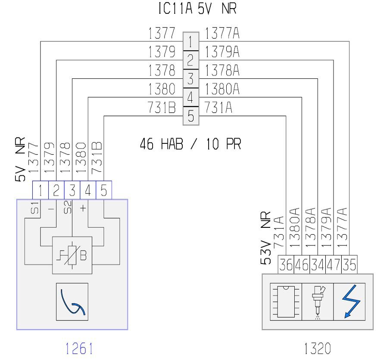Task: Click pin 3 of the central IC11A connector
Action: point(191,78)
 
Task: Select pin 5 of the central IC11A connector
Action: point(191,116)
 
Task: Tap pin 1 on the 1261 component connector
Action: point(41,190)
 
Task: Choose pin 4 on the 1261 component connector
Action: point(88,190)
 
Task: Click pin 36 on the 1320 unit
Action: point(286,264)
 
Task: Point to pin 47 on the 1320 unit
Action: point(333,264)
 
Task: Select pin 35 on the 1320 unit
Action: point(349,264)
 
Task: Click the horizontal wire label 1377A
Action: point(222,33)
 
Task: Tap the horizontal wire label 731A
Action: point(218,108)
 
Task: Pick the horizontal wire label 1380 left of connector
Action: point(162,89)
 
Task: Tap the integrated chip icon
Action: point(286,301)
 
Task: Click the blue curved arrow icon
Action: point(72,302)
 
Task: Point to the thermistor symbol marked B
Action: point(72,255)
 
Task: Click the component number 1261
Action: point(79,348)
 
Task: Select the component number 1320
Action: point(318,348)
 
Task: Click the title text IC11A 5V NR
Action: point(197,9)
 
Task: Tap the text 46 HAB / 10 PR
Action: point(190,144)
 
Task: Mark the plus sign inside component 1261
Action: point(83,208)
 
